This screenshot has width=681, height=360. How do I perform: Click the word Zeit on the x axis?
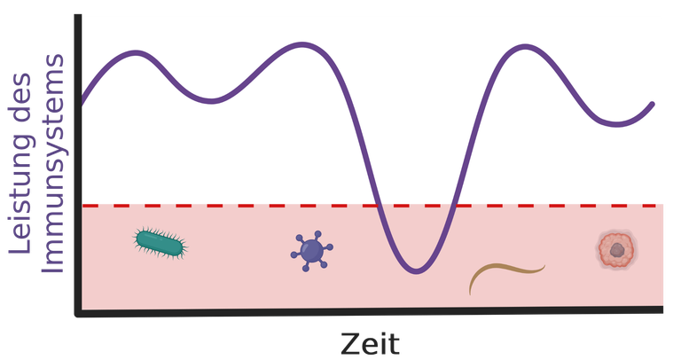coord(370,344)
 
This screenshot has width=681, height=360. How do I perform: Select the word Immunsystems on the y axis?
coord(52,164)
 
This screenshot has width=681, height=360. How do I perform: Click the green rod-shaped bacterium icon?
coord(160,243)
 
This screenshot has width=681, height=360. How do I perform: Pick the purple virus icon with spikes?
coord(311,251)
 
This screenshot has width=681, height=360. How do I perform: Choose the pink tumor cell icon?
coord(617,250)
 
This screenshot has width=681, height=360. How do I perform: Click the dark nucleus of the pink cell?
coord(617,250)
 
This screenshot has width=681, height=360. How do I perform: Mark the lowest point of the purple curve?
coord(416,271)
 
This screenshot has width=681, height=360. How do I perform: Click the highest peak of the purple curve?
coord(301,44)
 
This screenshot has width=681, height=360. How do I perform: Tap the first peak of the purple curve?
coord(136,53)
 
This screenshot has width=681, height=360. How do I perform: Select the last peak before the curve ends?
coord(525,46)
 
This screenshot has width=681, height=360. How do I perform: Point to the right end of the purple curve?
coord(653,105)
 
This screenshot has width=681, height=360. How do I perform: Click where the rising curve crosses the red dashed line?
coord(454,206)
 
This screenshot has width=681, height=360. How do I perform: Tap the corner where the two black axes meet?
coord(78,313)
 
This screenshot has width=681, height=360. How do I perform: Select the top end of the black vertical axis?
coord(78,16)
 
